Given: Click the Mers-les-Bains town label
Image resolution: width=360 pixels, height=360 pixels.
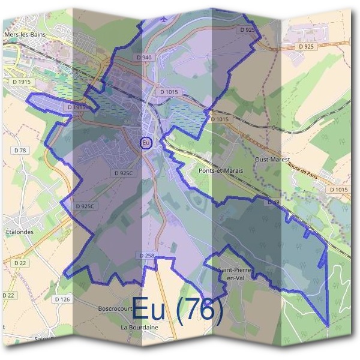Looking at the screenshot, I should (25, 35).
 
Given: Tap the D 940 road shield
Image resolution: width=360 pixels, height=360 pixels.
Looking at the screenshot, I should (145, 57).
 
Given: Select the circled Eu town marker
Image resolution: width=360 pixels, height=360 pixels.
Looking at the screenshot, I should (145, 143).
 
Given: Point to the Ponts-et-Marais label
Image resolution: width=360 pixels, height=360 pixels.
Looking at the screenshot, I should (220, 171).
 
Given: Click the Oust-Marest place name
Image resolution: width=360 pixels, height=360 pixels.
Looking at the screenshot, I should (272, 160).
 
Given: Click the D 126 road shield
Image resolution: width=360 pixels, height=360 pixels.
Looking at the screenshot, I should (62, 299).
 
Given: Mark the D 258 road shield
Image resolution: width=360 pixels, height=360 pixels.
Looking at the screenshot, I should (147, 255).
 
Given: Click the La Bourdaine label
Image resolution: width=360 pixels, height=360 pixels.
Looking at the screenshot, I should (139, 328).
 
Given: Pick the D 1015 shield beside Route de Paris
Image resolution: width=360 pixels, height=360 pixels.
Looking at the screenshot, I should (338, 190).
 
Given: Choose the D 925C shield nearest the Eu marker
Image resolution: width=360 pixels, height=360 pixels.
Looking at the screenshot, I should (124, 173).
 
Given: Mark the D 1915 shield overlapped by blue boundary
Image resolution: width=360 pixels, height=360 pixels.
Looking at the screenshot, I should (77, 107).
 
